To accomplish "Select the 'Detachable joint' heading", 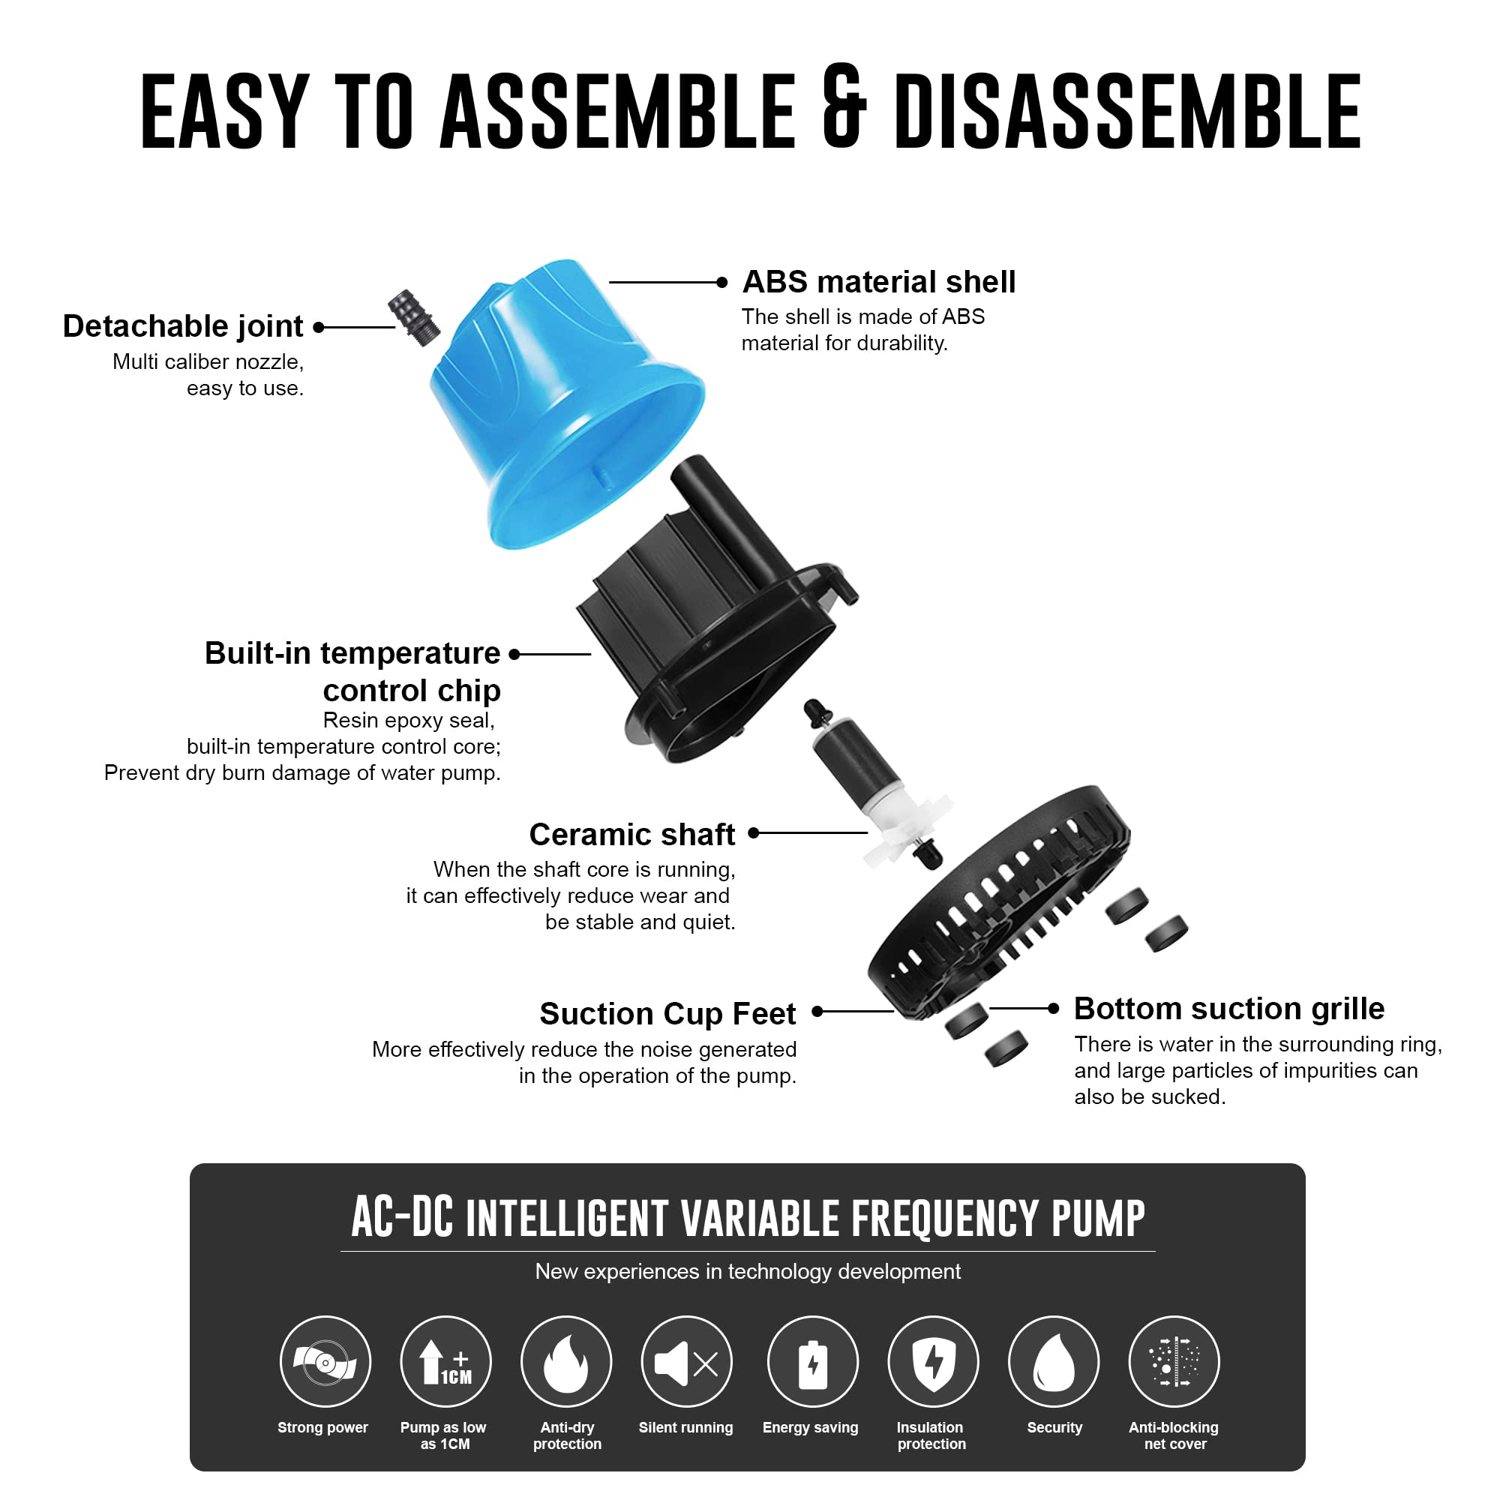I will click(x=182, y=326).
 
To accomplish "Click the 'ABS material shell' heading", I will click(x=878, y=282).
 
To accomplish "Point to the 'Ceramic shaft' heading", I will click(x=631, y=835).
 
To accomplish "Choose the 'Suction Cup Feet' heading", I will click(x=667, y=1013).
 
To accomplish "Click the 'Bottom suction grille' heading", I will click(x=1228, y=1009).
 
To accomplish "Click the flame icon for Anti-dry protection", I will click(x=566, y=1363).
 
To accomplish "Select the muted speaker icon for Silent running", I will click(x=686, y=1363).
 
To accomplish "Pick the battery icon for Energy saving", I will click(x=812, y=1363).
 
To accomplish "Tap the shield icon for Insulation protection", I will click(x=932, y=1363).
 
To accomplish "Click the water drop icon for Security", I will click(x=1054, y=1363).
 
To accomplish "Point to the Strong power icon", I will click(x=325, y=1363).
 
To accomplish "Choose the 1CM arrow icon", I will click(x=445, y=1363).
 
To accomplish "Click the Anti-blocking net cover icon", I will click(x=1174, y=1363).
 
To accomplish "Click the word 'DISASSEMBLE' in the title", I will click(x=1127, y=110).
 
